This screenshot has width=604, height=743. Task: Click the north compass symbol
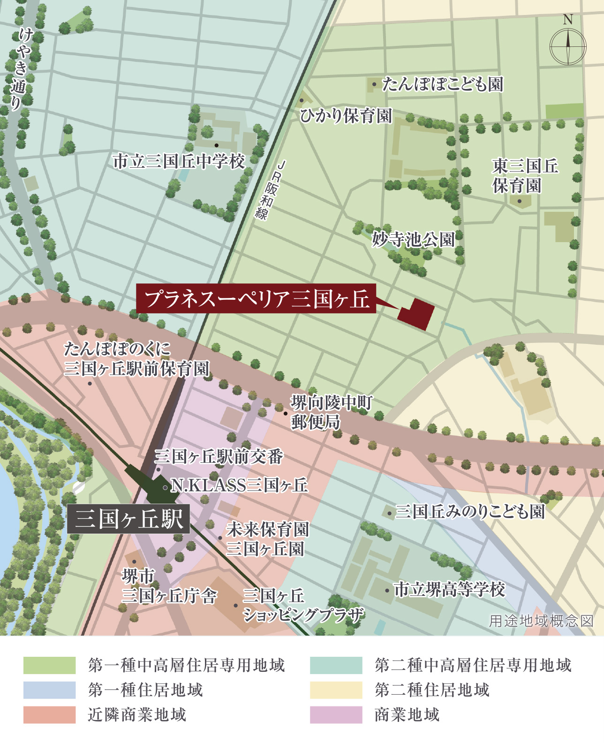[568, 46]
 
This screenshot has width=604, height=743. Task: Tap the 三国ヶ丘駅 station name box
[128, 519]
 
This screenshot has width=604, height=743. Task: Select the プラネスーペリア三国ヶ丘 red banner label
[256, 298]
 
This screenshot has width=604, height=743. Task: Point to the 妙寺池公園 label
[413, 239]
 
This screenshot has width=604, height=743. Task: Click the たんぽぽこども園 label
[442, 84]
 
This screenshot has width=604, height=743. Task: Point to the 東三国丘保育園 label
[525, 176]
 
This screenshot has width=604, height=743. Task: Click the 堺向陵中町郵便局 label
[331, 412]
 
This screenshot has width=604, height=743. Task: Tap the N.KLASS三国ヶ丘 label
[239, 485]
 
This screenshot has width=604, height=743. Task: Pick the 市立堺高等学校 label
[449, 589]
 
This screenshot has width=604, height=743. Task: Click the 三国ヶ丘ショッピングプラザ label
[302, 605]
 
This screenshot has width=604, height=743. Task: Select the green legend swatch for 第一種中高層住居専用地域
[49, 665]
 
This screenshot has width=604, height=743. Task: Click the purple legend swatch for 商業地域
[336, 715]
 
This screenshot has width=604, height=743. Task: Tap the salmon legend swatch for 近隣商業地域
[49, 715]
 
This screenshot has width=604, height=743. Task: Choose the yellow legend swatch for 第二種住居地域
[336, 690]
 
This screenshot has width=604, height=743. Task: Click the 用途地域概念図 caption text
[541, 621]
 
